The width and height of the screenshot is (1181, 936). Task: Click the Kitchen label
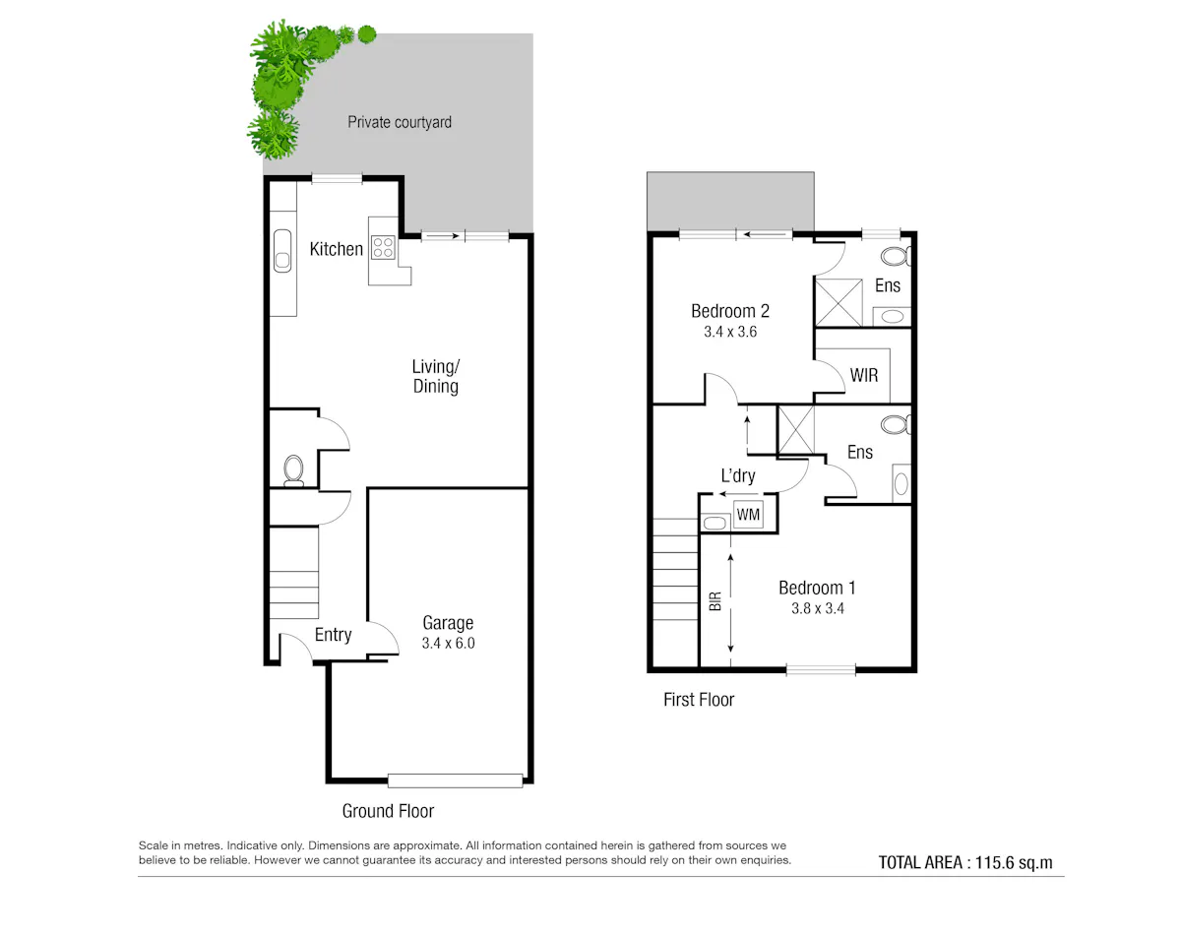(x=336, y=249)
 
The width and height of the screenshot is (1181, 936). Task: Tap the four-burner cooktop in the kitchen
(x=383, y=247)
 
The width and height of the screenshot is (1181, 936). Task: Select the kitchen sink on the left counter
(x=282, y=251)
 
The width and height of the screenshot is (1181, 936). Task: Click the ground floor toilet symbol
(x=293, y=470)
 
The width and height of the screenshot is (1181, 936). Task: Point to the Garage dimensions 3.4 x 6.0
(x=448, y=643)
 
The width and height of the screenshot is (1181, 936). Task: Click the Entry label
(x=333, y=635)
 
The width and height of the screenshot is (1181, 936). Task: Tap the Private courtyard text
(x=400, y=122)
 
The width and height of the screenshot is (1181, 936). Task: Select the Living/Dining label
(x=436, y=377)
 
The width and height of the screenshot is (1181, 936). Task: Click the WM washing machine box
(x=748, y=515)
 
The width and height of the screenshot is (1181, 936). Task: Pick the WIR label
(x=864, y=376)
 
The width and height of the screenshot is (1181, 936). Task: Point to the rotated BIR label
(x=715, y=601)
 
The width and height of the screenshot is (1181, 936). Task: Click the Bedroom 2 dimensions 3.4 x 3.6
(x=730, y=332)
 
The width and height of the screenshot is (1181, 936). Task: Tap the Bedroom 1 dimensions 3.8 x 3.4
(x=818, y=608)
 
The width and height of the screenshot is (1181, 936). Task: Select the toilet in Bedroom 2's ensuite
(x=896, y=256)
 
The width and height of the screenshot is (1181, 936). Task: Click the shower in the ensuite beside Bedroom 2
(x=839, y=302)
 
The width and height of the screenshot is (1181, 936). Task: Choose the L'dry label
(x=738, y=475)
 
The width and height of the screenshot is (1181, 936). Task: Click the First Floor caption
(x=699, y=700)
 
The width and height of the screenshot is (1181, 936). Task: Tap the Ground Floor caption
(x=388, y=811)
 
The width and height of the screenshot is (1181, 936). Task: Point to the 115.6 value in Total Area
(x=994, y=862)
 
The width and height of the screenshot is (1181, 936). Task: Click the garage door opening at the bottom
(x=455, y=780)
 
